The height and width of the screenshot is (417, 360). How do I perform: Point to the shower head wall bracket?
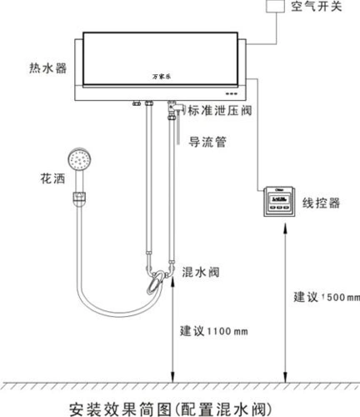pos(79,198)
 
